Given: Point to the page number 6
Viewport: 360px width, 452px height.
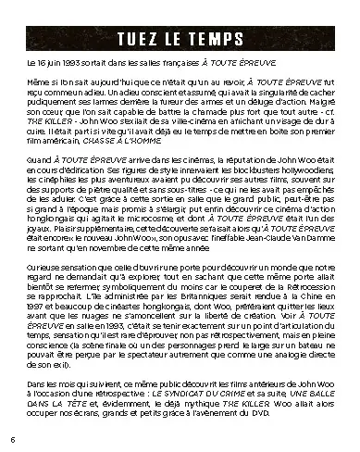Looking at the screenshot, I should [12, 438].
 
